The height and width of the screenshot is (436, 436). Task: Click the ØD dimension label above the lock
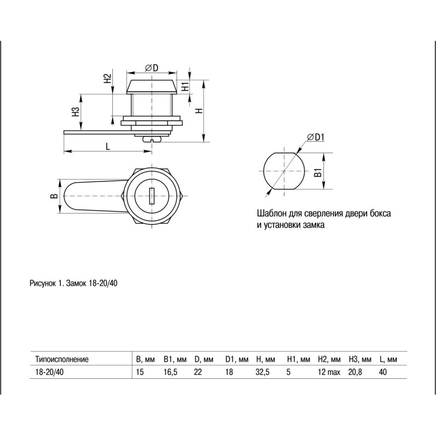click(152, 68)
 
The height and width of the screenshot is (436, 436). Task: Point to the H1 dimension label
click(185, 87)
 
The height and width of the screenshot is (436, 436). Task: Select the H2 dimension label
click(107, 78)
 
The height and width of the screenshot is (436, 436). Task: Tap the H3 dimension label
click(76, 112)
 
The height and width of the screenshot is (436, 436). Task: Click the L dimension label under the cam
click(108, 146)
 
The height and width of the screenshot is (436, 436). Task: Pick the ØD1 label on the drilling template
click(316, 137)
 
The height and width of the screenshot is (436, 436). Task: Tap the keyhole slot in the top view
click(152, 196)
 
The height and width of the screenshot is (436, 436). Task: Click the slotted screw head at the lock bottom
click(152, 140)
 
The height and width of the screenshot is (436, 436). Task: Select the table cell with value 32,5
click(263, 372)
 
